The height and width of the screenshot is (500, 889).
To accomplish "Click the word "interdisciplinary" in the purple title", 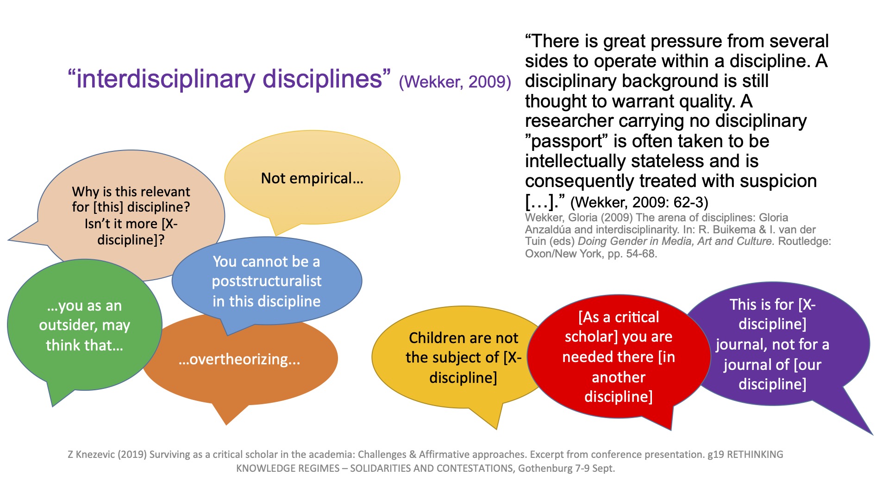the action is pos(166,79).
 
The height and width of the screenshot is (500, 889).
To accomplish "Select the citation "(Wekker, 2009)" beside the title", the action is pos(455,82).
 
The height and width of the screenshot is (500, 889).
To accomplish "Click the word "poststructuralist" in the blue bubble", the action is pos(267,281).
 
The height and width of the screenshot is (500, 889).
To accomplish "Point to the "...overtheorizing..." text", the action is pos(239,359).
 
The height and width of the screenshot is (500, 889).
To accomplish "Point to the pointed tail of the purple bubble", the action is pos(872,434).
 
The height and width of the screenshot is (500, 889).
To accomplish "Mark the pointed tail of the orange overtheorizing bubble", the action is pos(226,424).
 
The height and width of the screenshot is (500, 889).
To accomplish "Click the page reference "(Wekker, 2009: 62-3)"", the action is pos(639,202).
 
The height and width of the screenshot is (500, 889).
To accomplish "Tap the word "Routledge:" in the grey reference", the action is pos(805,241).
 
